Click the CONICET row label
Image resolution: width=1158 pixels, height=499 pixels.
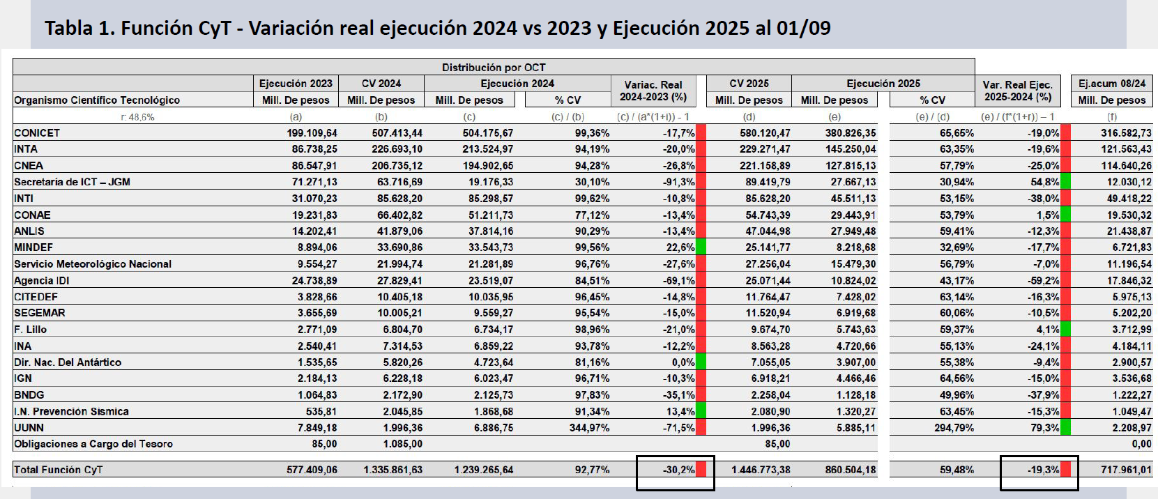click(x=37, y=132)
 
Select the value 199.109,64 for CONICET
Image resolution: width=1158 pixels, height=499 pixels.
click(x=312, y=132)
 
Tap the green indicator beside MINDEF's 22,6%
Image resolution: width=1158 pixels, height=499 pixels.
click(x=701, y=247)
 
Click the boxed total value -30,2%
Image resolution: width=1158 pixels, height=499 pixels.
click(x=678, y=470)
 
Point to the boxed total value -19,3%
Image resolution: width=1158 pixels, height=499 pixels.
click(x=1043, y=470)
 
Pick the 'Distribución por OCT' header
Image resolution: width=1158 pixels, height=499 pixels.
click(x=494, y=67)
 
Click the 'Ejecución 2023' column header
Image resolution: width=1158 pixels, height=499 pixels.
click(x=296, y=84)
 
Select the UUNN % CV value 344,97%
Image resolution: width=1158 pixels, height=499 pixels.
click(x=589, y=428)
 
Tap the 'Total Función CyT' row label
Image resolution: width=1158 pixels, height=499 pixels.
click(x=58, y=470)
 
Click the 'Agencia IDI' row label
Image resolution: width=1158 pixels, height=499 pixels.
click(x=42, y=280)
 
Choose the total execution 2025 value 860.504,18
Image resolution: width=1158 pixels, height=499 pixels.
click(x=851, y=470)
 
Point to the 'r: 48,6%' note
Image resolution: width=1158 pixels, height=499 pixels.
click(x=138, y=117)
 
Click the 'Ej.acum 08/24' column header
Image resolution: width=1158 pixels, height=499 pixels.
click(x=1112, y=84)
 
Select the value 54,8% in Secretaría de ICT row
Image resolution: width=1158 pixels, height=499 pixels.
click(x=1045, y=182)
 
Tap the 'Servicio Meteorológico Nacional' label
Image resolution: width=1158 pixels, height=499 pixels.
click(x=93, y=263)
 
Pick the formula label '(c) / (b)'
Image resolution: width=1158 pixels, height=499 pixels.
click(x=567, y=117)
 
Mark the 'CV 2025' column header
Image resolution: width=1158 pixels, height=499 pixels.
click(x=749, y=84)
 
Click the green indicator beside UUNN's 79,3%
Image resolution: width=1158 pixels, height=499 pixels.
click(x=1065, y=428)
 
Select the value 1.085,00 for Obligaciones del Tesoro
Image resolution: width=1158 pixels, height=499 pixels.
click(x=402, y=444)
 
